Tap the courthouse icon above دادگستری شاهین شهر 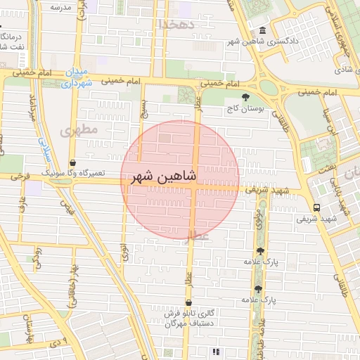(262, 31)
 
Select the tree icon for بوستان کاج (245, 98)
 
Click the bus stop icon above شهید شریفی (316, 207)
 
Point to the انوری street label (124, 252)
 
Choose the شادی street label (342, 70)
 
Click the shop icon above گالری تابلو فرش (188, 302)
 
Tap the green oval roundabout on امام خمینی (269, 87)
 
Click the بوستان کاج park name (243, 110)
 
